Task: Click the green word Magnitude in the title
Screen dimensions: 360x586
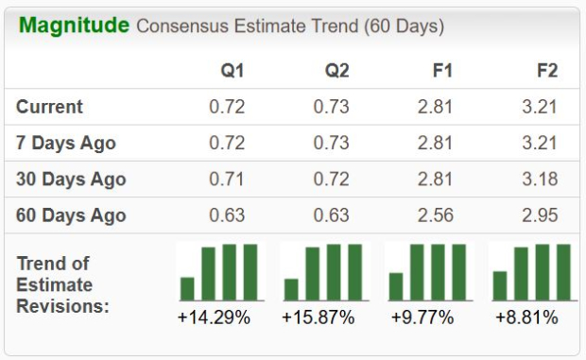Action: tap(74, 26)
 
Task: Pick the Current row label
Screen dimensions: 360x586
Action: tap(49, 107)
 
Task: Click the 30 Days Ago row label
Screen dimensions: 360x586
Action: tap(71, 180)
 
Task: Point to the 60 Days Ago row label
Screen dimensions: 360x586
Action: tap(71, 215)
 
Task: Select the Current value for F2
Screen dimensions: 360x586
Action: tap(539, 107)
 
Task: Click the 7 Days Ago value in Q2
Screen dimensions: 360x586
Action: tap(332, 144)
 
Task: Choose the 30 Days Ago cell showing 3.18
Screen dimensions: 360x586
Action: tap(539, 180)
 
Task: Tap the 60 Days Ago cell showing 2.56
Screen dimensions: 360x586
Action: tap(436, 215)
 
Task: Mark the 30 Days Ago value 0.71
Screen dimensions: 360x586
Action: tap(227, 180)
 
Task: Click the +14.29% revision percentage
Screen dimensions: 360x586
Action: tap(214, 317)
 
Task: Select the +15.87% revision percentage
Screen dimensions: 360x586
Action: tap(318, 317)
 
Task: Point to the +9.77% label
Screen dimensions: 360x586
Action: tap(422, 317)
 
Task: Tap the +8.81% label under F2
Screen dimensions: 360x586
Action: tap(526, 317)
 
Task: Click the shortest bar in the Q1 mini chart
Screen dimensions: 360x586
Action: tap(187, 288)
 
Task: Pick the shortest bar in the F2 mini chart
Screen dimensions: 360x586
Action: tap(500, 285)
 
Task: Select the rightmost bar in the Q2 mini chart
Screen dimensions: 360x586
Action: tap(355, 272)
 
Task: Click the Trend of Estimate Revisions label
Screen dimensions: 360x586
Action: tap(62, 284)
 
